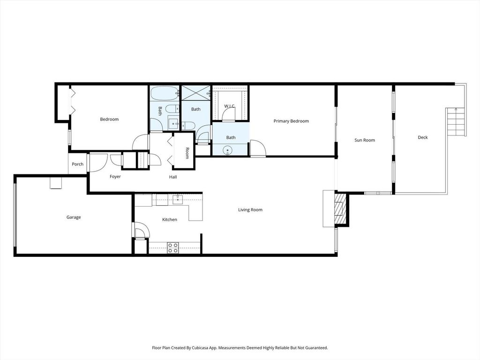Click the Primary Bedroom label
pos(291,121)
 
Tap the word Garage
pos(74,217)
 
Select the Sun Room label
pos(364,140)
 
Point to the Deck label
pos(423,137)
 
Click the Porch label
pos(78,164)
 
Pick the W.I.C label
pos(229,106)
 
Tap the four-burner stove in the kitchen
pos(172,247)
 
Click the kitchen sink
pos(178,200)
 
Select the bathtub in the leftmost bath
pos(165,93)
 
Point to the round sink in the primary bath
pos(227,150)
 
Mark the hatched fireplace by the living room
pos(339,209)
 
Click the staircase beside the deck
pos(456,121)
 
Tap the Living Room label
pos(250,210)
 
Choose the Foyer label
pos(115,177)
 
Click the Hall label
pos(173,177)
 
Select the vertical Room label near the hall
pos(187,153)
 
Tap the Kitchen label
pos(170,219)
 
